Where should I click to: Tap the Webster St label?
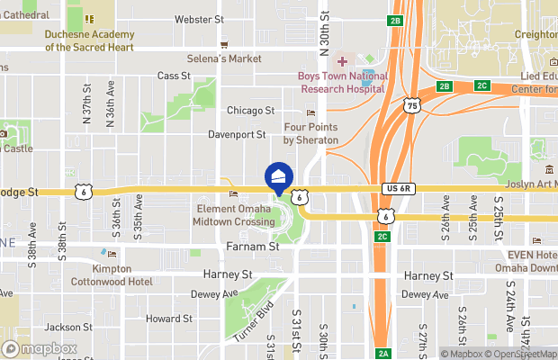point(199,19)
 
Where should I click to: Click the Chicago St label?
point(250,111)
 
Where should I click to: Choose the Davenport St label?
point(238,135)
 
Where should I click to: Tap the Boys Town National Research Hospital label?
point(343,83)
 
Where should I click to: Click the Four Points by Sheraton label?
point(310,134)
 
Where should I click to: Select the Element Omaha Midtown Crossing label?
point(236,215)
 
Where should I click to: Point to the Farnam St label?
point(250,246)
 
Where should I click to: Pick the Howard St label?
point(169,319)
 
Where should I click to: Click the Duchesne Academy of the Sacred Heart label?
point(89,40)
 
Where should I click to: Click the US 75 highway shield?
point(412,106)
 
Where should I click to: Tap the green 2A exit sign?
point(382,353)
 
